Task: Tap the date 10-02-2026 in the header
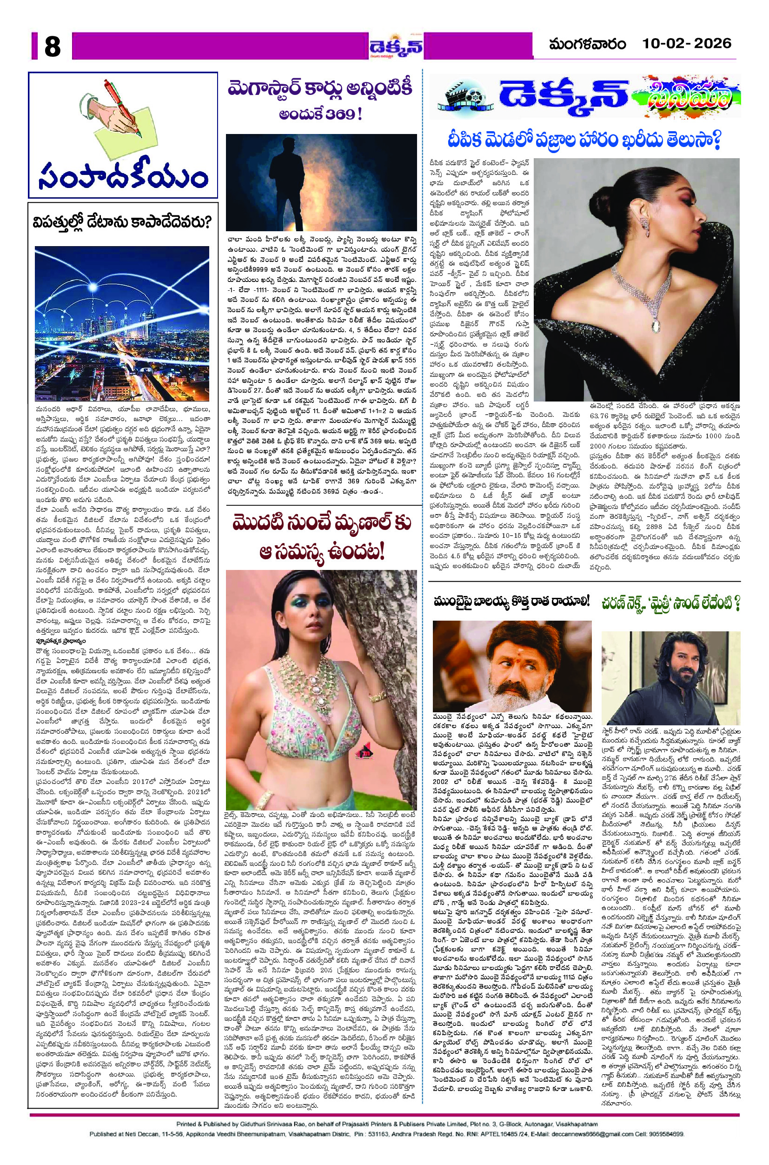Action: [687, 44]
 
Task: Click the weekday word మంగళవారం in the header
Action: [588, 45]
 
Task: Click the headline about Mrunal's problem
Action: [322, 537]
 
